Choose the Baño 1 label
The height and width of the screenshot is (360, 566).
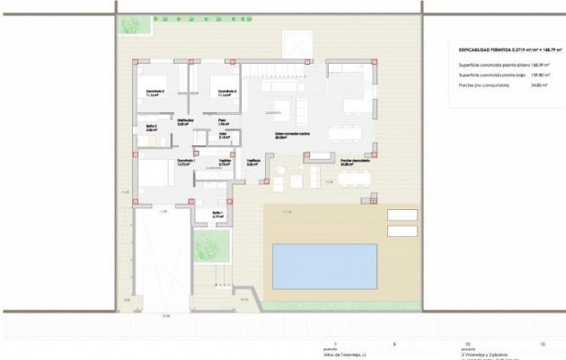[x=217, y=214]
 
